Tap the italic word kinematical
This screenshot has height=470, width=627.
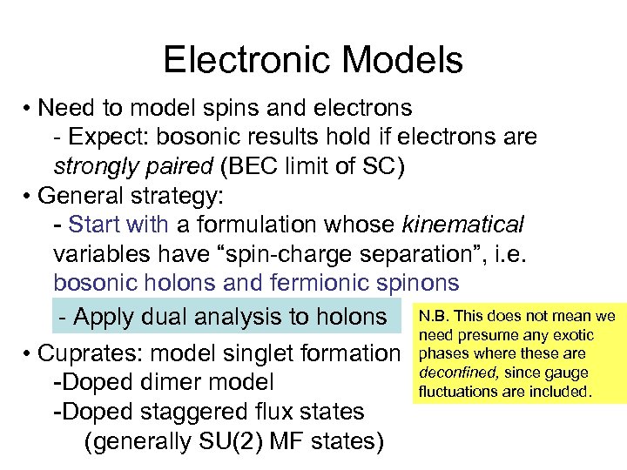[x=462, y=225]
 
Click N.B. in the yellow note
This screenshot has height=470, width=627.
[x=433, y=316]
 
